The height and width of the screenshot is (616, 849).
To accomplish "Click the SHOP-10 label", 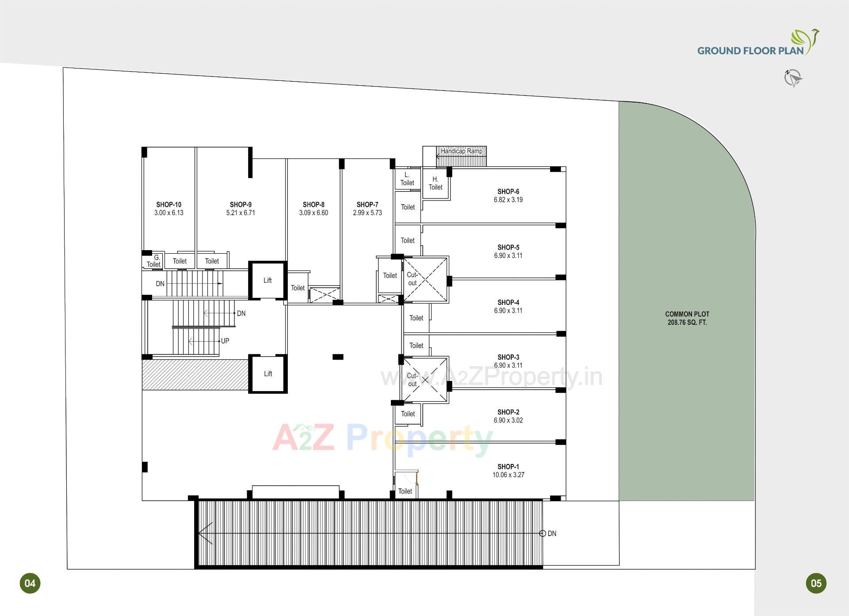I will click(168, 205).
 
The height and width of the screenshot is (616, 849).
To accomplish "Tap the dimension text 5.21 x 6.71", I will click(241, 213).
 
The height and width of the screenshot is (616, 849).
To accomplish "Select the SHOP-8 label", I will click(314, 205).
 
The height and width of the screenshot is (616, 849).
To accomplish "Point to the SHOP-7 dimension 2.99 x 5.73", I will click(367, 213).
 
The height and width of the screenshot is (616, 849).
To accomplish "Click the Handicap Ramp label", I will click(461, 151).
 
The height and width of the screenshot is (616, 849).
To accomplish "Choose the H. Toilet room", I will click(436, 183).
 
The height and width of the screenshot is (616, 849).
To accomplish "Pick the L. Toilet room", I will click(407, 179).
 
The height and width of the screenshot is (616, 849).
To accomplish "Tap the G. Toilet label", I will click(154, 261).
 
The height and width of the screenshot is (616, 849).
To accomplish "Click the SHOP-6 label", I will click(508, 192).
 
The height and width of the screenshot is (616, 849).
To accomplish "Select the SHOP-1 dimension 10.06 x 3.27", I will click(508, 475).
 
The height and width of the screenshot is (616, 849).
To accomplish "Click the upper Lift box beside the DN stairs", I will click(268, 281).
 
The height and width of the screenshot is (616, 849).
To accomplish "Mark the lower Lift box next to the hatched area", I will click(268, 374).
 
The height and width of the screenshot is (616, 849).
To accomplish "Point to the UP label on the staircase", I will click(225, 341).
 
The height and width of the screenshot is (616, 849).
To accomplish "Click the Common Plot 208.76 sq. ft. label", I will click(687, 318).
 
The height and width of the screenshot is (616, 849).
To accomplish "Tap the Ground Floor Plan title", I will click(750, 50).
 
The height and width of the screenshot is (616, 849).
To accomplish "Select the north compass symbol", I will click(793, 78).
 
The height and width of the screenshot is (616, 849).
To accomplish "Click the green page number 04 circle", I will click(30, 583).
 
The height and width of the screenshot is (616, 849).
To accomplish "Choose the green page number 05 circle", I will click(816, 583).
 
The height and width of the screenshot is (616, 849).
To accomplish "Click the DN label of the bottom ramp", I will click(552, 534).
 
